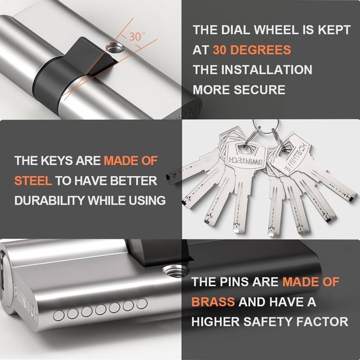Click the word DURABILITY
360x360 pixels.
(50, 200)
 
